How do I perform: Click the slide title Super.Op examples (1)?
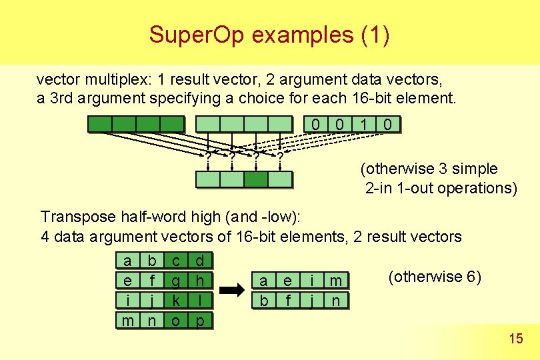[x=269, y=34]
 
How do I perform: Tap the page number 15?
[x=515, y=339]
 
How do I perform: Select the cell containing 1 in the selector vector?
[x=364, y=124]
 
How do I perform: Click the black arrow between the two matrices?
[x=233, y=291]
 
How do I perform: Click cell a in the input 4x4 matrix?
[x=127, y=259]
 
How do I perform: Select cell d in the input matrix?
[x=200, y=259]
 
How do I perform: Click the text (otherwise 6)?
[x=434, y=277]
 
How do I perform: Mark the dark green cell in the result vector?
[x=256, y=179]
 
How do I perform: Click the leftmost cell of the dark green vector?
[x=100, y=124]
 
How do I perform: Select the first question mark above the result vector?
[x=208, y=157]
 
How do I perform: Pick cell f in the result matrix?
[x=288, y=301]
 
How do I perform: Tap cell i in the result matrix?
[x=311, y=281]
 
